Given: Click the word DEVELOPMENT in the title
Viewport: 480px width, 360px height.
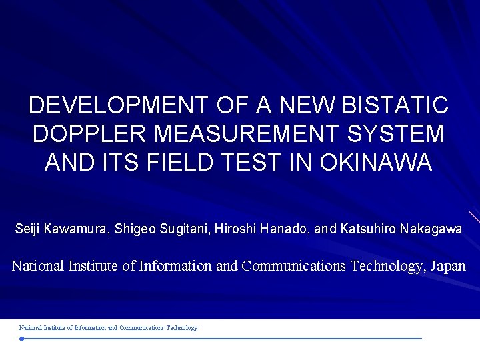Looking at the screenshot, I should [119, 105].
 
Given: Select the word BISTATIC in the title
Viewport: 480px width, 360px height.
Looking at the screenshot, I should [394, 105].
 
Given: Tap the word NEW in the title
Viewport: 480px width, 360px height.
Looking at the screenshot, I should [308, 105].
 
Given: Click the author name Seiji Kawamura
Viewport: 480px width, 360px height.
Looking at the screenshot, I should [61, 229].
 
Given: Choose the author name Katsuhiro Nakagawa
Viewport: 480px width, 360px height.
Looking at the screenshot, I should [401, 229].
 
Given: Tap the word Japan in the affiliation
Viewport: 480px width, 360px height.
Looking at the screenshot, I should [447, 266].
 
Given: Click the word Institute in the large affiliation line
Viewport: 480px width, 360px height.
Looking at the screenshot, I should [93, 266].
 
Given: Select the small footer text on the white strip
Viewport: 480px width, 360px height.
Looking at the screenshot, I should [108, 328].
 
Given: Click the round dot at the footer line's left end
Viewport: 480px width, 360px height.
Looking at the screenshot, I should [21, 339].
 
